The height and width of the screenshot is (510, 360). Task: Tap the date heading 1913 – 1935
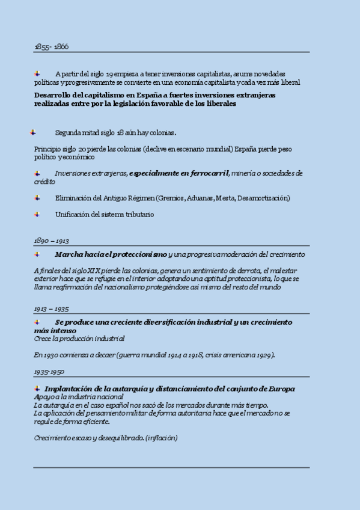(x=51, y=309)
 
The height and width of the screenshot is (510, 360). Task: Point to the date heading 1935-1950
(x=49, y=372)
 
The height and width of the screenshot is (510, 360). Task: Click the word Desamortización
(x=262, y=198)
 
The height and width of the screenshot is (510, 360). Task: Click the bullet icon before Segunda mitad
(x=33, y=132)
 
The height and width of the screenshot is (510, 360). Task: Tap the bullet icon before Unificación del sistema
(x=37, y=214)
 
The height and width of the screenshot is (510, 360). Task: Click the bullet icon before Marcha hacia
(x=37, y=254)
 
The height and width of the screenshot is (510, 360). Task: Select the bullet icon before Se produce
(x=37, y=322)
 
